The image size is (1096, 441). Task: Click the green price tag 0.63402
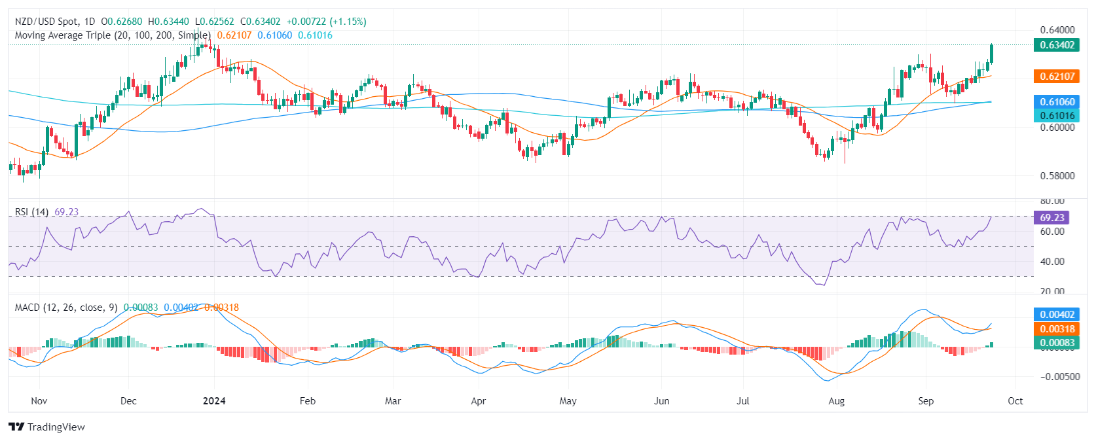[x=1057, y=45]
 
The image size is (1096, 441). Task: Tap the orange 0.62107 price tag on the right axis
[x=1057, y=77]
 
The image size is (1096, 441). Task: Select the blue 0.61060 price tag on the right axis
[x=1057, y=101]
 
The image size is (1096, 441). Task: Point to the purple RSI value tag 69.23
[x=1052, y=217]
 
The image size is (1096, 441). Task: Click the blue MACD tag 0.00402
[x=1057, y=315]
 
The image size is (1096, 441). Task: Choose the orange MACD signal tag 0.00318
[x=1057, y=329]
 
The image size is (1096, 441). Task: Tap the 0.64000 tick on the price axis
[x=1057, y=29]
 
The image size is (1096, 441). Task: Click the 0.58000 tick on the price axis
[x=1057, y=175]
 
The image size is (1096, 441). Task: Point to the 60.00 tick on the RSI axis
[x=1052, y=231]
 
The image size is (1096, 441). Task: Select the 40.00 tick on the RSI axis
[x=1052, y=261]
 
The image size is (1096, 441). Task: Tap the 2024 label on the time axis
[x=214, y=401]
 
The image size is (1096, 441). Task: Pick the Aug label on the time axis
[x=836, y=401]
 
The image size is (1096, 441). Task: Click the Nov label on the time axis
[x=39, y=401]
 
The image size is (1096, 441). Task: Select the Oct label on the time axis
[x=1015, y=401]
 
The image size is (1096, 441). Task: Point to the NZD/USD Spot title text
[x=46, y=22]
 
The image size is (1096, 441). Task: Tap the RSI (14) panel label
[x=31, y=212]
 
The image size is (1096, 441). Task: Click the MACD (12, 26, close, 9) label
[x=66, y=308]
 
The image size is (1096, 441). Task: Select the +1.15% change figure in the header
[x=348, y=22]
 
